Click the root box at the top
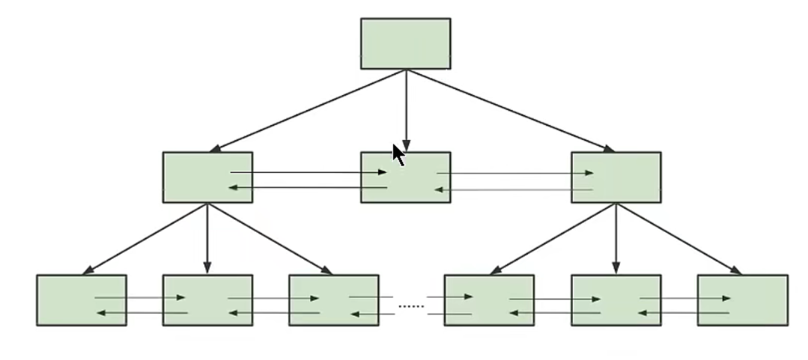pos(405,43)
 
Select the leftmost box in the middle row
pos(207,177)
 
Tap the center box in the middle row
pos(405,177)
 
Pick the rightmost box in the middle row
pos(616,177)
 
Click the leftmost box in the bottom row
pos(81,300)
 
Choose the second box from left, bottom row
pos(207,300)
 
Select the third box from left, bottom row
pos(333,300)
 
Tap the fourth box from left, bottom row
pos(489,300)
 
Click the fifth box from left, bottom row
pos(616,300)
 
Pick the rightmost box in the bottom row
pos(742,300)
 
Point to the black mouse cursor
pos(398,154)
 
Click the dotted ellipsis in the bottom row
pos(410,306)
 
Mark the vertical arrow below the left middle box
pos(207,238)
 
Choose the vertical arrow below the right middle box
pos(616,238)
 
